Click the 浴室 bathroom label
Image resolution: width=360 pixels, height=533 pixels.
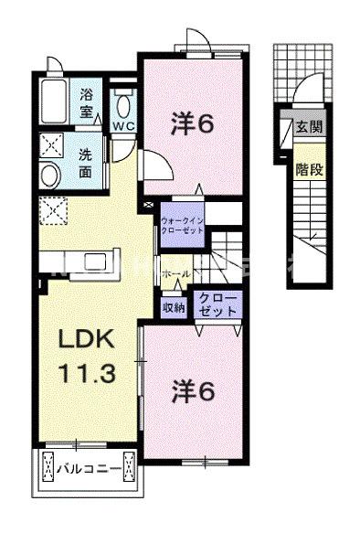coord(87,101)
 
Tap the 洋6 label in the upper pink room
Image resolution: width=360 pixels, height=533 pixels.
coord(195,123)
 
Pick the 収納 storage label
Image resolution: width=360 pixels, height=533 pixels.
coord(174,307)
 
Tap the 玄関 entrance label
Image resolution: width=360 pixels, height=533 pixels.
coord(308,127)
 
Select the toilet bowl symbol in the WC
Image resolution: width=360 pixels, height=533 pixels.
coord(122,100)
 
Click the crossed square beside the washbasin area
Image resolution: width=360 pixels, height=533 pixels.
coord(51,144)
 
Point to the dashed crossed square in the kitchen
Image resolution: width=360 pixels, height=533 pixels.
coord(53,209)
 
